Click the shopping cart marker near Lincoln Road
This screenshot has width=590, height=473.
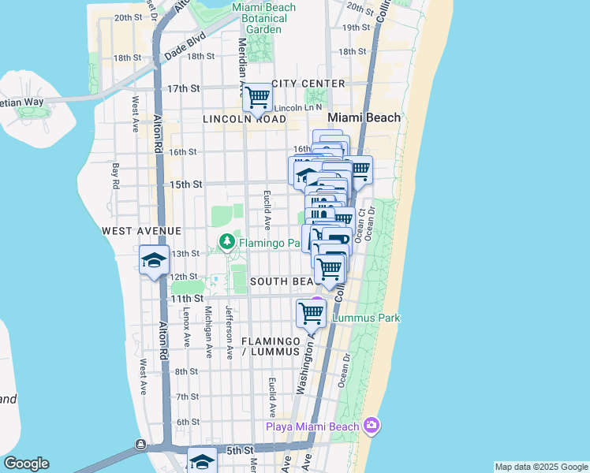coord(257,99)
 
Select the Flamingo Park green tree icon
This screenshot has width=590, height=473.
coord(227,241)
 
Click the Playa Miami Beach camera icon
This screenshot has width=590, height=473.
coord(372,426)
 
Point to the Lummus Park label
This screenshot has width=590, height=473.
coord(366,318)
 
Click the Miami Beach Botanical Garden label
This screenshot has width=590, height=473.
coord(263,18)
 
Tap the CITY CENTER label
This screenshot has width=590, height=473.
coord(308,84)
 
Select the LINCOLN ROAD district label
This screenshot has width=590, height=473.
coord(244,119)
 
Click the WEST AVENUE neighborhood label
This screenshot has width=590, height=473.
coord(142,231)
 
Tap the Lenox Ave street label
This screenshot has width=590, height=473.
coord(187,326)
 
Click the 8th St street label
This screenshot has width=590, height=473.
coord(186,371)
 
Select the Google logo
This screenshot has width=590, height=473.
coord(26,464)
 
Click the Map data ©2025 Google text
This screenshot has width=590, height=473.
coord(540,467)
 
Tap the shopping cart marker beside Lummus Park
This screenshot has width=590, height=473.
coord(311,313)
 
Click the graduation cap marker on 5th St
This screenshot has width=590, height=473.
coord(202,461)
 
